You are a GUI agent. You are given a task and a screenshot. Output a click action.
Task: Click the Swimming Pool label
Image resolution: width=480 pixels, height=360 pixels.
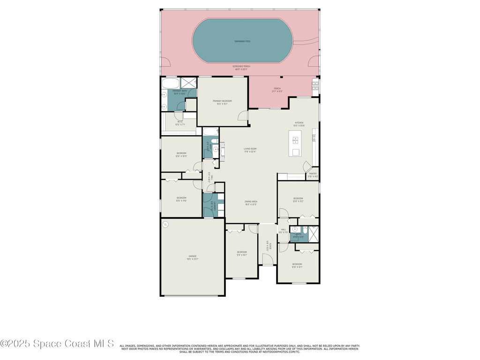click(242, 41)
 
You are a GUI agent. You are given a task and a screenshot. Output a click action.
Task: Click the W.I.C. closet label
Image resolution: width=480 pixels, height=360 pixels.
click(180, 123)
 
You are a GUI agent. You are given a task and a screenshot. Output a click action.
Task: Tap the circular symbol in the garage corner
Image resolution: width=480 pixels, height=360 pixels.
click(165, 225)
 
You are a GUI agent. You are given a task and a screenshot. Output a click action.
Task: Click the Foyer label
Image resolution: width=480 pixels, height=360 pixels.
click(267, 246)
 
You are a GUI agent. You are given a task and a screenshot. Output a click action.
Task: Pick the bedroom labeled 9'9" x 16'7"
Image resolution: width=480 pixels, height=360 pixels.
click(242, 253)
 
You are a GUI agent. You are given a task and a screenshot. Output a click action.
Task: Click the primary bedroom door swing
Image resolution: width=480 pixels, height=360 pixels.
click(242, 116)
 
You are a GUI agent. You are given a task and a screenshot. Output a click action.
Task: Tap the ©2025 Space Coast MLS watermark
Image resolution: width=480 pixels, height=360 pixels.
click(57, 344)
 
